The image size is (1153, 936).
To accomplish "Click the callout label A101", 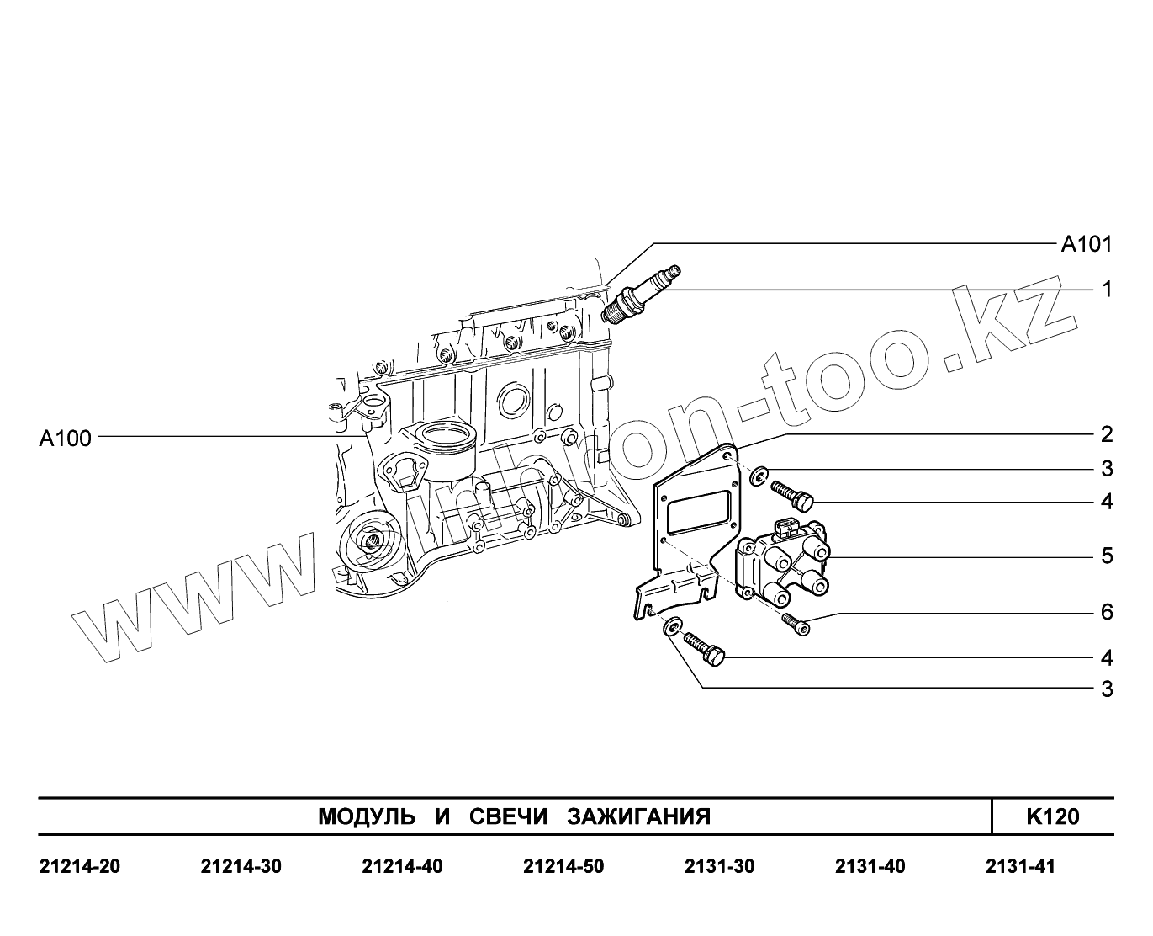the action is click(x=1086, y=245).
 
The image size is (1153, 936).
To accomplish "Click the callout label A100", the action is click(x=66, y=438).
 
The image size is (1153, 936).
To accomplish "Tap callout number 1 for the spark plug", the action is click(x=1107, y=290).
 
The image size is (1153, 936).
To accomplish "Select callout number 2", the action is click(x=1107, y=435).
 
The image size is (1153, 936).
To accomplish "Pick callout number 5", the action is click(x=1107, y=556).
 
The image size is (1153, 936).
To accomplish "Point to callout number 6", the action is click(x=1107, y=612).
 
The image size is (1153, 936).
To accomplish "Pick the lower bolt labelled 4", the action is click(x=706, y=649).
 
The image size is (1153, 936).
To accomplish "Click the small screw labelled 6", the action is click(x=795, y=623).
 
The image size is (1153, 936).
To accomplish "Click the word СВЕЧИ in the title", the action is click(x=506, y=816).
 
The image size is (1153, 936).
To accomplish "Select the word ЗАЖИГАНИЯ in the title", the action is click(x=639, y=816).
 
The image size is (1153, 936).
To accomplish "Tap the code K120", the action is click(x=1052, y=816).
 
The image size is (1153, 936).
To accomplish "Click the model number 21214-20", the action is click(x=80, y=867).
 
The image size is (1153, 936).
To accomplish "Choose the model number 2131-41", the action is click(x=1019, y=867).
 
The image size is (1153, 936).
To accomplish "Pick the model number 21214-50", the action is click(x=563, y=867).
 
